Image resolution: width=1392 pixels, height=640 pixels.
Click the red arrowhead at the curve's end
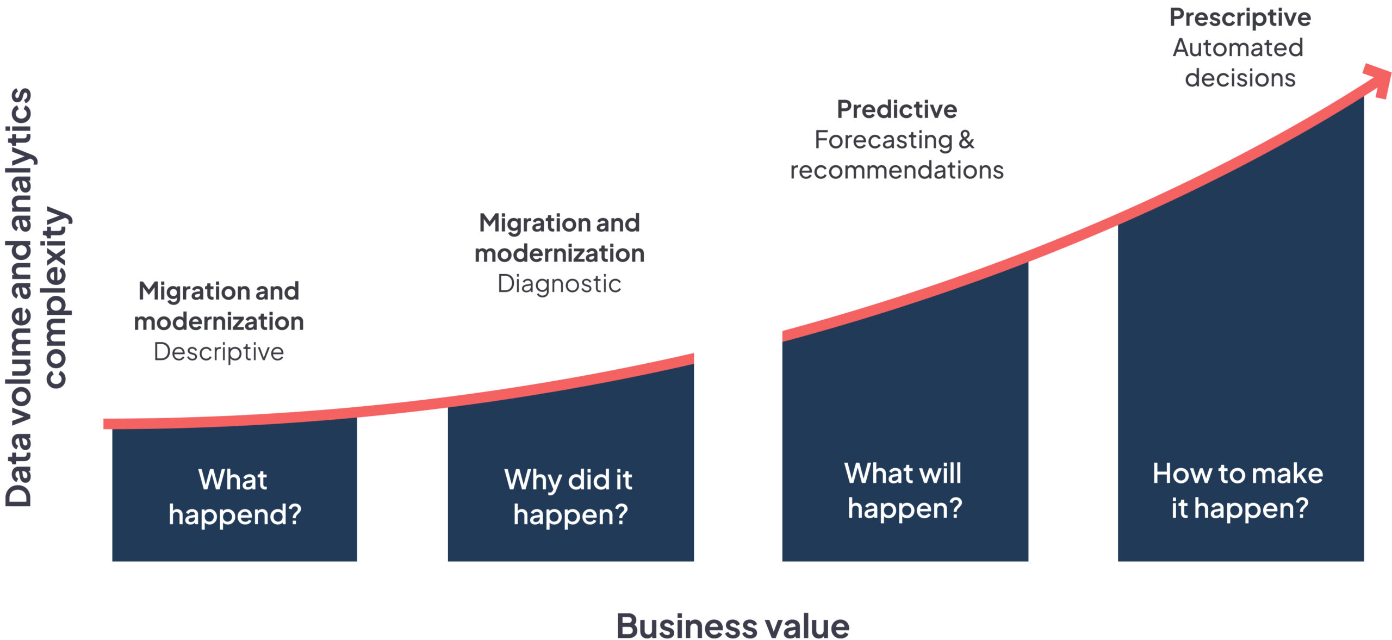1378,80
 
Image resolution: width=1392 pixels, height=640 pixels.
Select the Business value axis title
732,626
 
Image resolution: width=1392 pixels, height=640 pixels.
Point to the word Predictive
897,109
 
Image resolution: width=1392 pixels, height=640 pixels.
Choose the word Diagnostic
559,284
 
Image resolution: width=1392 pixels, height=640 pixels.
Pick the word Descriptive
219,352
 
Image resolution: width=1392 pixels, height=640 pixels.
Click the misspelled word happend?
235,514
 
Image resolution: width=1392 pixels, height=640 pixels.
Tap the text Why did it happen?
569,497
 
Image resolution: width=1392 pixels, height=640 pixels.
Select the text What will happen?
904,490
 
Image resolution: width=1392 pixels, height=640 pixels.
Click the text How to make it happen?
1238,490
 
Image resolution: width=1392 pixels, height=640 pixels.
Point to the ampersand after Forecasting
966,140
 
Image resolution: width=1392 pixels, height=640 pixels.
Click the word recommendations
897,170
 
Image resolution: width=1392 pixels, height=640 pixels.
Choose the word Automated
1238,48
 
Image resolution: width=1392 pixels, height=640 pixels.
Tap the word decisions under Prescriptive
1240,78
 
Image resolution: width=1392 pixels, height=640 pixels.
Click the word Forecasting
883,140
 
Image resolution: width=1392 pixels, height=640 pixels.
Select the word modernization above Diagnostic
560,253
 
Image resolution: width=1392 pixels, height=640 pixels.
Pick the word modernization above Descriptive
219,322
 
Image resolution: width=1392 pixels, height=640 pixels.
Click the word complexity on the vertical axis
55,297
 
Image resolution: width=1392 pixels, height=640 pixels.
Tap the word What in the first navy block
233,480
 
